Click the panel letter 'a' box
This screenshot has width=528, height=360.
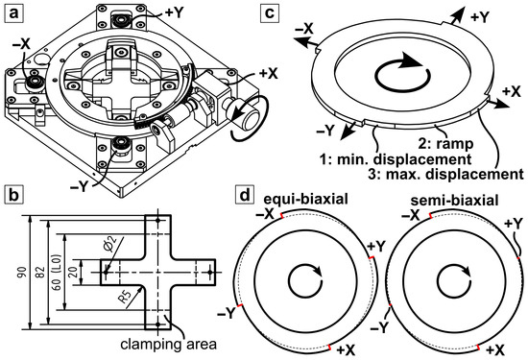[13, 14]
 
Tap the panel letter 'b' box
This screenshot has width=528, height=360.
[13, 195]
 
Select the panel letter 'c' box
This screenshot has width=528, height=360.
[270, 13]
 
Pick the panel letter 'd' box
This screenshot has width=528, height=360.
[244, 195]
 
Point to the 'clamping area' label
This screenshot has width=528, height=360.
[168, 345]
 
